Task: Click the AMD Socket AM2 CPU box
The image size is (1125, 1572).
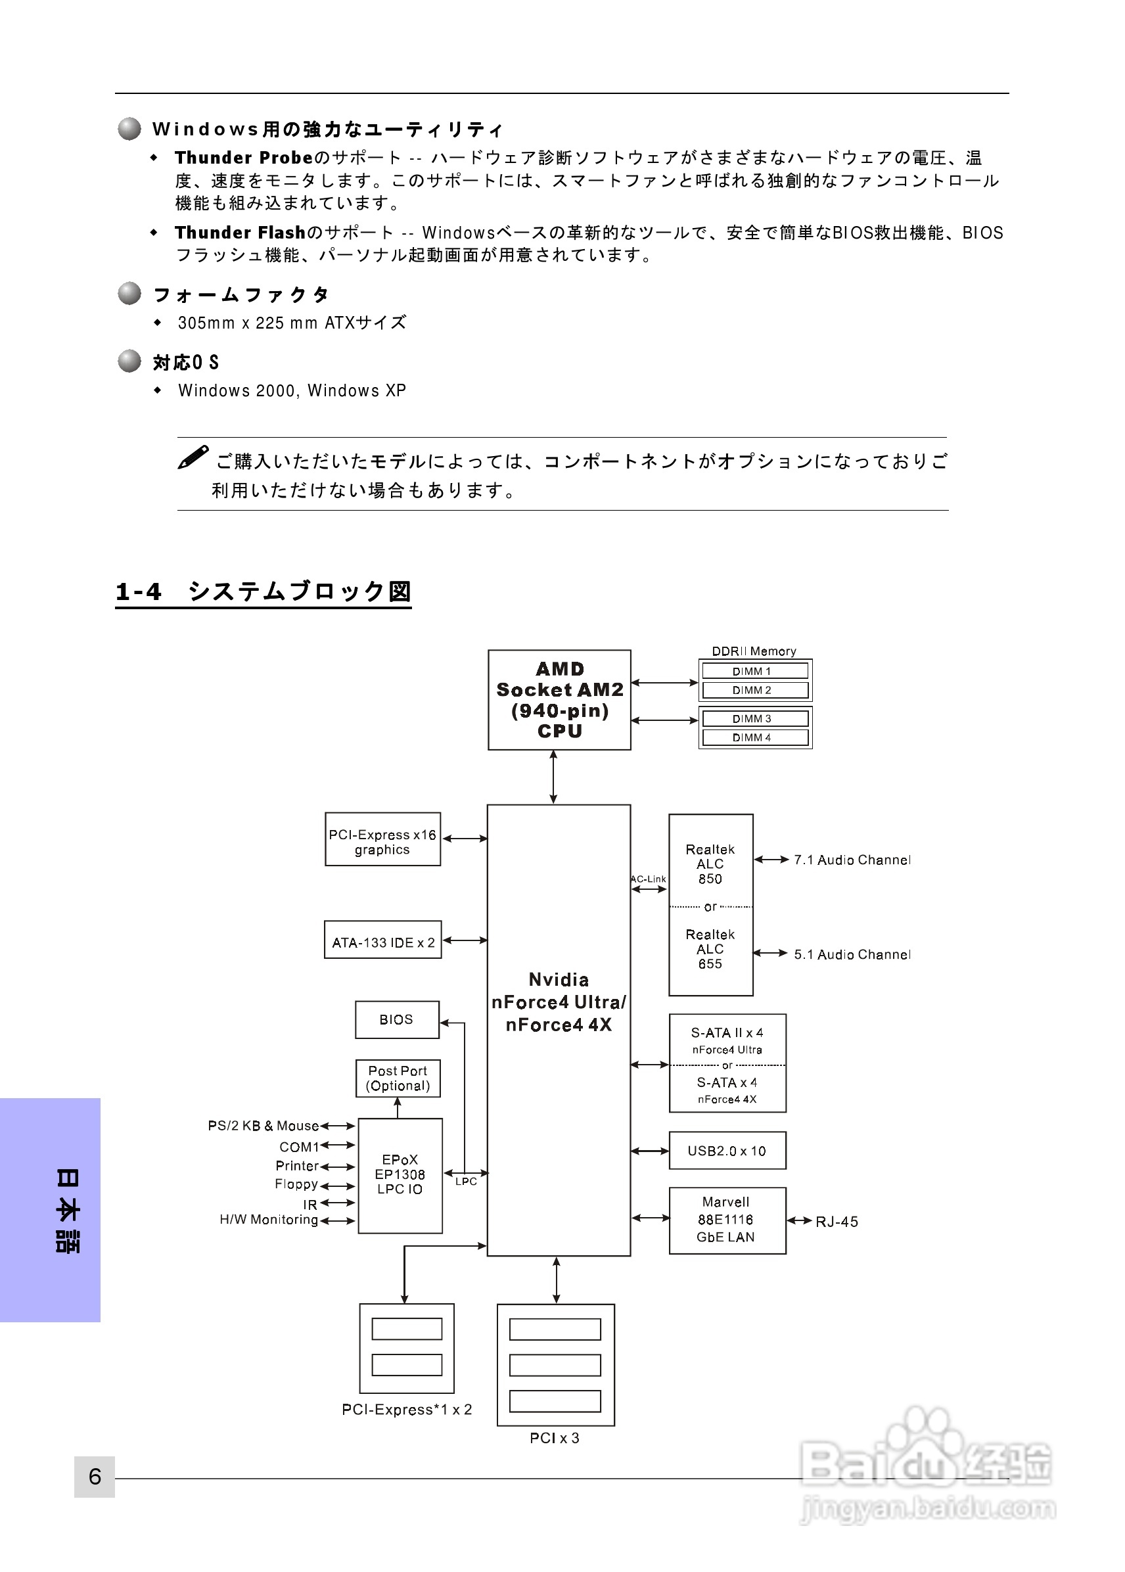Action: [x=559, y=699]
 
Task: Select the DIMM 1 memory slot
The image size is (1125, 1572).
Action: [x=754, y=670]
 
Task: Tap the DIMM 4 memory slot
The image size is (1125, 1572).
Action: [x=754, y=737]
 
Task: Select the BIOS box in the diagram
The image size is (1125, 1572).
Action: [x=396, y=1019]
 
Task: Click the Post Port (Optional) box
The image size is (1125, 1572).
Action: [x=398, y=1078]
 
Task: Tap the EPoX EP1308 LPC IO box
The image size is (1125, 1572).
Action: [x=400, y=1174]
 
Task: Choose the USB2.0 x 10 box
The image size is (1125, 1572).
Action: [x=727, y=1151]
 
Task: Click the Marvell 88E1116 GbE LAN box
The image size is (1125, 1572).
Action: [x=727, y=1219]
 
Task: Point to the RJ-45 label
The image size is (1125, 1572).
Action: [x=836, y=1222]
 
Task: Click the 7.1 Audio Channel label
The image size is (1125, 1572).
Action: [x=852, y=860]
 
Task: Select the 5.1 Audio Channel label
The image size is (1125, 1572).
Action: [x=852, y=954]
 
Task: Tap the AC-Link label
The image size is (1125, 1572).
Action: [x=649, y=879]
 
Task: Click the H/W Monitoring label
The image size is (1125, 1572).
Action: [x=269, y=1219]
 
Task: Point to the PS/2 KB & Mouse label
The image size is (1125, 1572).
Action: [x=264, y=1125]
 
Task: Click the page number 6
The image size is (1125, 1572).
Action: [x=95, y=1477]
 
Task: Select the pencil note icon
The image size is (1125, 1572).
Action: [x=193, y=457]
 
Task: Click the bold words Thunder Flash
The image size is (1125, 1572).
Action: [x=240, y=232]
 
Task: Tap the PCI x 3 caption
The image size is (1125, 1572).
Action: [x=554, y=1437]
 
